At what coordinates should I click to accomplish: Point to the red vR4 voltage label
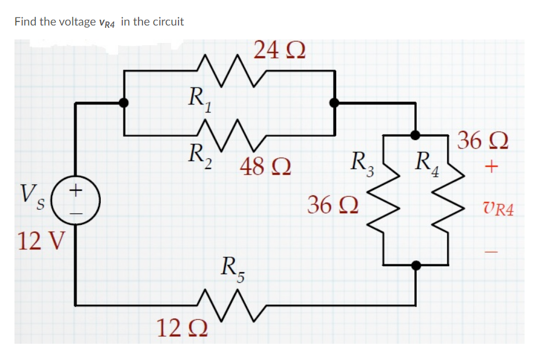[x=497, y=209]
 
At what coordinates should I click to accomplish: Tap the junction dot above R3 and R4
[x=415, y=135]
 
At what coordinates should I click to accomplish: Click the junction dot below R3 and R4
[x=415, y=266]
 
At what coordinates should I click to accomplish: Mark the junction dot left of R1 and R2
[x=123, y=103]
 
